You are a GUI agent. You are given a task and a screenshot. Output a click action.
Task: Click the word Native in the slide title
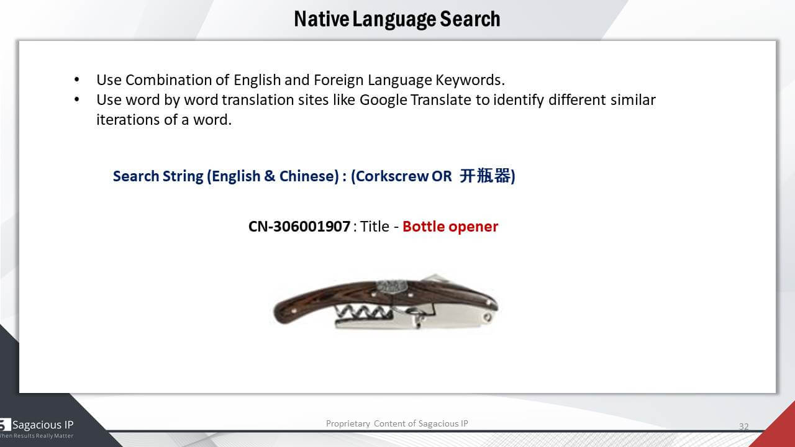point(322,19)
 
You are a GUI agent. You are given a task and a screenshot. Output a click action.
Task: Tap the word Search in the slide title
point(470,19)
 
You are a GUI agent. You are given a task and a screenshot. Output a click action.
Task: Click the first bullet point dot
point(76,80)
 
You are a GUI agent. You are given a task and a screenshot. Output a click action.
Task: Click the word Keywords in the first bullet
point(470,81)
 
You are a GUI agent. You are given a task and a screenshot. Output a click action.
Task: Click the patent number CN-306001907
point(299,227)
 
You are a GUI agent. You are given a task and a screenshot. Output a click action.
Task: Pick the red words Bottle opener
point(450,227)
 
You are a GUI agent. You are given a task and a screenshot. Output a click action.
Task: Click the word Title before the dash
point(375,227)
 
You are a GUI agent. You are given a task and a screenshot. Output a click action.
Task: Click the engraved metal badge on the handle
point(392,287)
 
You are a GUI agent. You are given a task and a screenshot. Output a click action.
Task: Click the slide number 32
point(744,427)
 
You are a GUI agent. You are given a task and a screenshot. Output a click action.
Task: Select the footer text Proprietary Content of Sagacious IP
point(397,423)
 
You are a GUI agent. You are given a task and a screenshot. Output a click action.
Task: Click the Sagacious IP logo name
point(43,425)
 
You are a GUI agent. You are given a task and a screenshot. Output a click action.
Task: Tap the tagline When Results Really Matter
point(36,436)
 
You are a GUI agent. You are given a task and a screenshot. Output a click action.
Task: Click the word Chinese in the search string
point(309,176)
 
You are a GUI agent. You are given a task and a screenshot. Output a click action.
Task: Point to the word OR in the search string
point(442,176)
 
